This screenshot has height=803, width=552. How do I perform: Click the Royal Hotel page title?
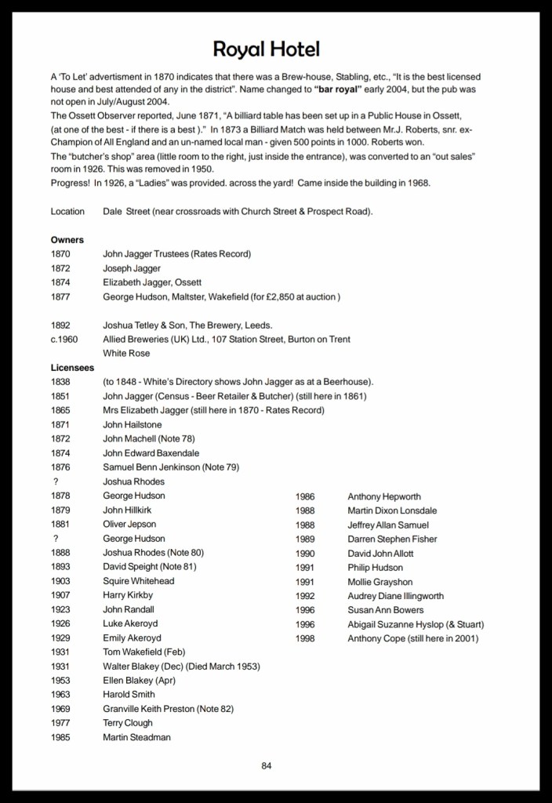(267, 50)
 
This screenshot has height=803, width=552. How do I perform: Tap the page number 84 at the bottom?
(267, 766)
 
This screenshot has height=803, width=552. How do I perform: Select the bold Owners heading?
(67, 240)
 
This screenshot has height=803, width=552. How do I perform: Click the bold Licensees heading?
(73, 367)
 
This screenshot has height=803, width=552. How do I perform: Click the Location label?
(67, 212)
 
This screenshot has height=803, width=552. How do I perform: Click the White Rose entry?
(126, 353)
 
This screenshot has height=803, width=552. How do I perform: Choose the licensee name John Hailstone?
(133, 424)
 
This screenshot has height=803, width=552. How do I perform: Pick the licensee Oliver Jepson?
(129, 524)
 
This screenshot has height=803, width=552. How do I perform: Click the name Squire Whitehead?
(138, 581)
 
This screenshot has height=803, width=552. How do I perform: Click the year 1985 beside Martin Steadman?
(60, 737)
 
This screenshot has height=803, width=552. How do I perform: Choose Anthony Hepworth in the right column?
(384, 496)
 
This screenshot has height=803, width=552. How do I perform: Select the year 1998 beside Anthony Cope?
(305, 638)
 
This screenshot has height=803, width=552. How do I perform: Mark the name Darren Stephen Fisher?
(392, 539)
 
